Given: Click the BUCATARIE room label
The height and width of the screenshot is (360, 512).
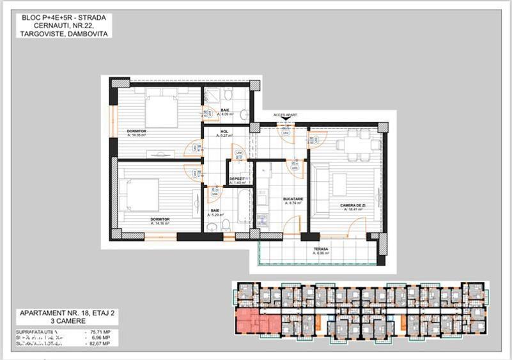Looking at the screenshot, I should (x=293, y=199).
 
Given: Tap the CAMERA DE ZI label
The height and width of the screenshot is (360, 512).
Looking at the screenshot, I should (x=352, y=205).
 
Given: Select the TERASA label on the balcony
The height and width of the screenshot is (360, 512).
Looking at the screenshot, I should (x=321, y=249).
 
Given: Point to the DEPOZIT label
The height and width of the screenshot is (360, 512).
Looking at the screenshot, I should (x=238, y=178).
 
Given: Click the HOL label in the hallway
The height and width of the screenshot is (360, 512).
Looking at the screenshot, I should (x=224, y=132).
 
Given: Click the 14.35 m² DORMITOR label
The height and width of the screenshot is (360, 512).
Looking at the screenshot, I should (x=137, y=131).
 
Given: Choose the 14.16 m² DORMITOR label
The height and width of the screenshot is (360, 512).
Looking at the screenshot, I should (x=160, y=219).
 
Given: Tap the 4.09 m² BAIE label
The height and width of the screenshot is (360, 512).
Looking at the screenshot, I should (x=226, y=110).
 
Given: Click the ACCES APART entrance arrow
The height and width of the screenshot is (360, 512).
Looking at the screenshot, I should (x=285, y=120).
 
